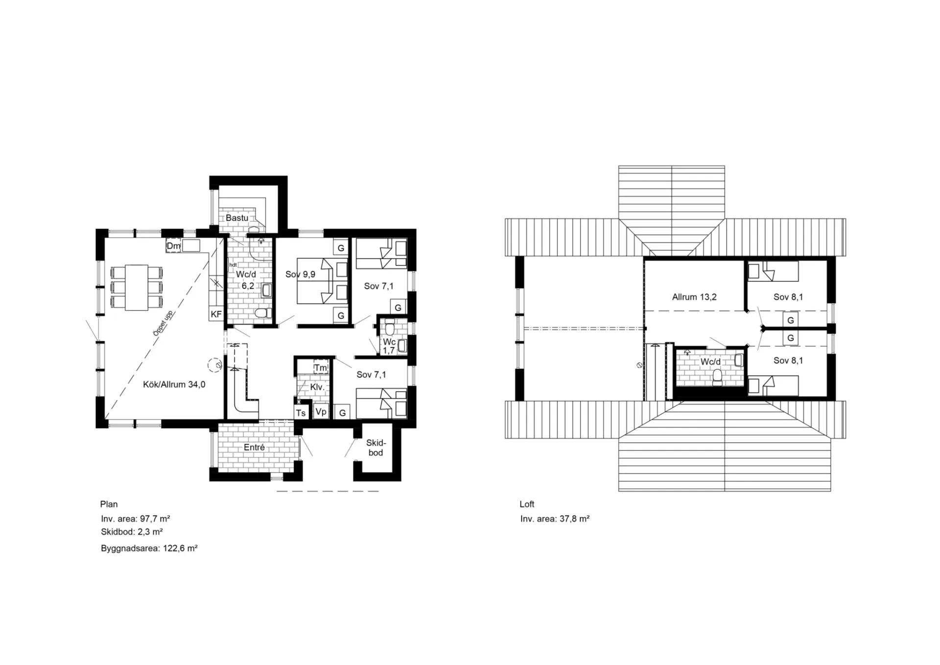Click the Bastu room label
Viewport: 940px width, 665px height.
237,218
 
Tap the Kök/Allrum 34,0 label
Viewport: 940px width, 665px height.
174,385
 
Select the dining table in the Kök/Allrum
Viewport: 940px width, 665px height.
137,287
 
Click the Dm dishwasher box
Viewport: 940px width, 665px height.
173,246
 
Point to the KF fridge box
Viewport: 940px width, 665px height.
216,314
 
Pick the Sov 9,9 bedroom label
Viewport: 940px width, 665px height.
301,274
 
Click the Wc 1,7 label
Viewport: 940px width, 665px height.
389,346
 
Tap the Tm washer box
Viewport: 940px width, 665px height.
321,368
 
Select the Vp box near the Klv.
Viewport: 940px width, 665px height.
321,412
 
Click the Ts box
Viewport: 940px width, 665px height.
301,413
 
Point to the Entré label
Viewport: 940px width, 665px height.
254,448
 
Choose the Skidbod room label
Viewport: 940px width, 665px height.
376,448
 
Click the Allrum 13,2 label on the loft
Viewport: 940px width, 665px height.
694,297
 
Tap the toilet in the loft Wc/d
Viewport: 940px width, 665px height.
718,378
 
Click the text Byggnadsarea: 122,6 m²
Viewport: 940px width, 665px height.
149,548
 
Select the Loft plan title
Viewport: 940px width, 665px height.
527,504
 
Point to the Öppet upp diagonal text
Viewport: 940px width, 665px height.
163,323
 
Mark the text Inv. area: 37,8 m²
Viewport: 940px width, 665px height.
555,519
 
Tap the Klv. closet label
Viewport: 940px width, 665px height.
317,387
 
